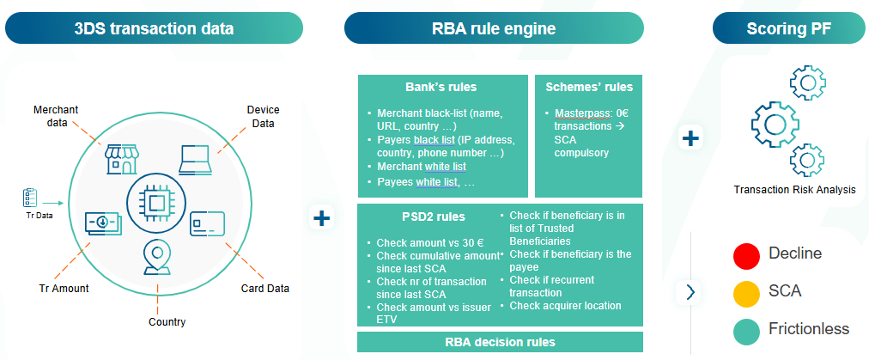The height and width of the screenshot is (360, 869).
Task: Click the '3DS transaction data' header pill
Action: tap(154, 28)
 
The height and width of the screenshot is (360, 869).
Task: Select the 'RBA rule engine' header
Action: tap(494, 28)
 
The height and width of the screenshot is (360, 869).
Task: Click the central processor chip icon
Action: tap(157, 203)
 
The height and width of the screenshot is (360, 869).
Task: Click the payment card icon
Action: tap(207, 224)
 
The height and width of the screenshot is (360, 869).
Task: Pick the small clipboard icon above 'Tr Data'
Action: tap(28, 198)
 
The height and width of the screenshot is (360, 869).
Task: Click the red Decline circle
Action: tap(745, 254)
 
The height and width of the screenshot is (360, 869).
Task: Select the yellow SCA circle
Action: tap(745, 292)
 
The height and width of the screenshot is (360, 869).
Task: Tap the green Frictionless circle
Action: tap(745, 330)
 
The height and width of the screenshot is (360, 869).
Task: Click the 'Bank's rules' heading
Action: tap(441, 88)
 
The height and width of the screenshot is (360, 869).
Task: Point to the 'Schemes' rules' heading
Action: tap(589, 88)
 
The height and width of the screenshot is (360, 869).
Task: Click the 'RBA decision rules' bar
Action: tap(500, 342)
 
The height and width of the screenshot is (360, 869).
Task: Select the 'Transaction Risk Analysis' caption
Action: tap(794, 190)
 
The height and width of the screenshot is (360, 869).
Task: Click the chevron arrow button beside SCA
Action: tap(690, 292)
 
